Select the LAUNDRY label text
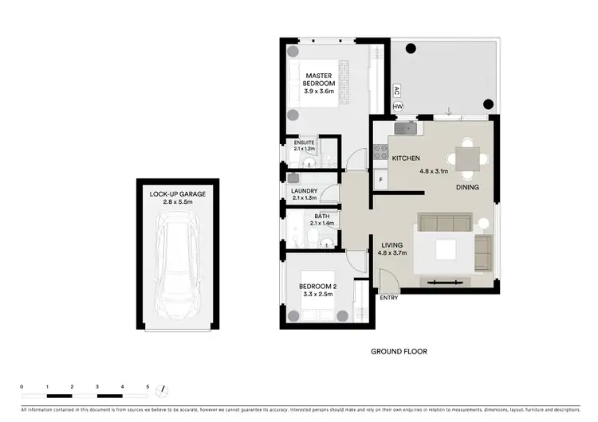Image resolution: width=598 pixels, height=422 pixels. click(x=305, y=191)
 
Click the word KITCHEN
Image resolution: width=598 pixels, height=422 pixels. click(x=406, y=158)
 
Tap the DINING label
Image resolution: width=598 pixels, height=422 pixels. click(x=468, y=188)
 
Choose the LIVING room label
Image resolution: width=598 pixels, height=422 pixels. click(x=391, y=245)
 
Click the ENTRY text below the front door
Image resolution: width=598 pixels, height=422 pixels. click(x=389, y=299)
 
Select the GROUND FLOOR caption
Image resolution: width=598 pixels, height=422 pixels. click(x=399, y=351)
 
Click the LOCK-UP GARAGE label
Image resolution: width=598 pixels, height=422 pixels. click(x=176, y=194)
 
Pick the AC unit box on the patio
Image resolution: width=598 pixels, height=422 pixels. click(x=395, y=91)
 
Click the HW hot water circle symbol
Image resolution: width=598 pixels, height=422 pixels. click(x=397, y=107)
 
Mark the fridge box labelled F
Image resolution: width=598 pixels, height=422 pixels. click(x=381, y=181)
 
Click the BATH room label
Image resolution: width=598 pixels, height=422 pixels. click(x=321, y=216)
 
